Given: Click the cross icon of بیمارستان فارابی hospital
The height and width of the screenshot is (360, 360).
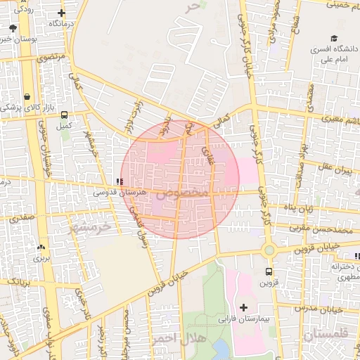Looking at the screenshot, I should click(244, 307).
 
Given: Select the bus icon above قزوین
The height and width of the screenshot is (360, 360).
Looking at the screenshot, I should click(269, 271).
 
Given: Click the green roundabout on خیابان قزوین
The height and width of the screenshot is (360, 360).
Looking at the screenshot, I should click(269, 250).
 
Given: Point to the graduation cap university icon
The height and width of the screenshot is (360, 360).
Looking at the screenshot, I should click(335, 39).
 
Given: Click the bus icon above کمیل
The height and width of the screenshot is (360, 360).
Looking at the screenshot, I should click(65, 115).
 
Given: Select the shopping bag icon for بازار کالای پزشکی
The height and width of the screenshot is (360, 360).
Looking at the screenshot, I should click(27, 97).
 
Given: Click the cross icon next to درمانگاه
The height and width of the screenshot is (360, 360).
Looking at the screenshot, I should click(62, 13).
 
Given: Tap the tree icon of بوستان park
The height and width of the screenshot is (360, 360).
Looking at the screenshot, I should click(13, 28).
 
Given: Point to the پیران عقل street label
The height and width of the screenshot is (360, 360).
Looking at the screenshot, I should click(333, 169).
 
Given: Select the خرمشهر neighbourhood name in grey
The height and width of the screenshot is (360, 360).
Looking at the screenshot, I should click(91, 228).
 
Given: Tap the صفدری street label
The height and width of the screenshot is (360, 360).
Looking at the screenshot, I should click(21, 218).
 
